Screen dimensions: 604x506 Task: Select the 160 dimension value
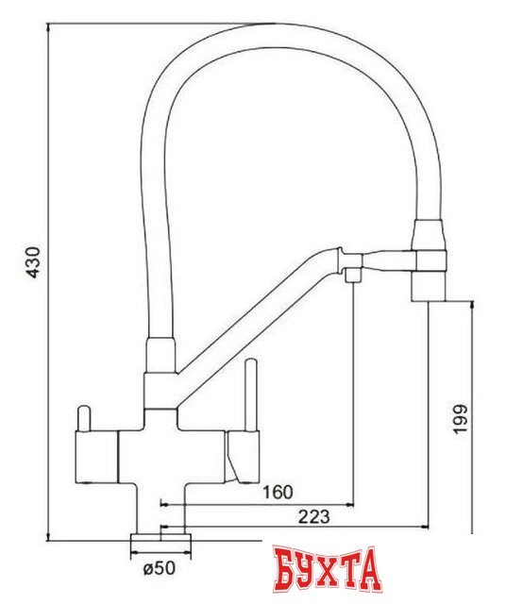[278, 492]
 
